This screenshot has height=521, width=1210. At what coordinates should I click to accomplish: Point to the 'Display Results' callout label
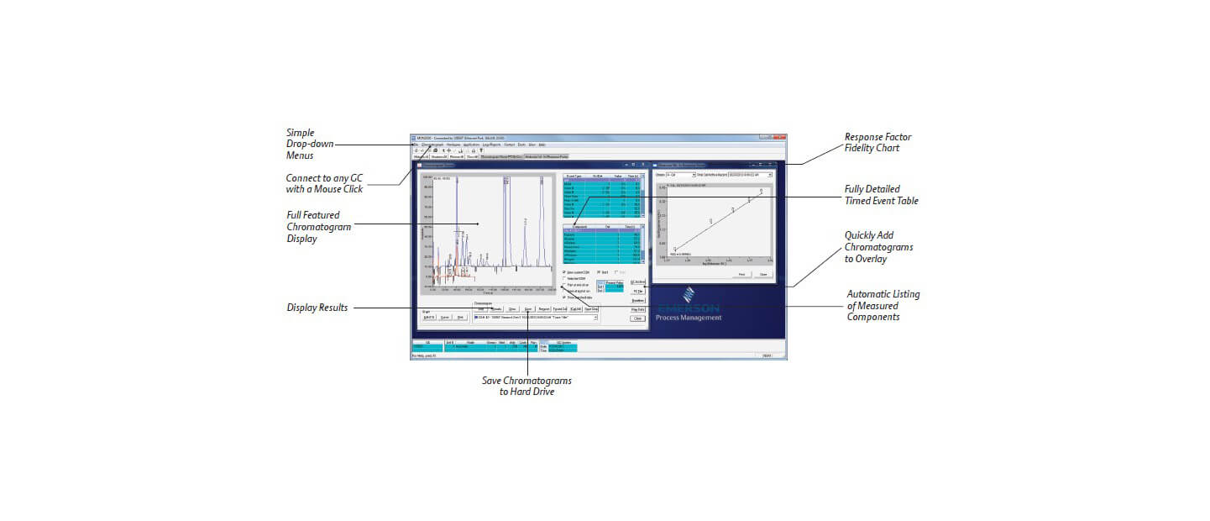click(x=317, y=308)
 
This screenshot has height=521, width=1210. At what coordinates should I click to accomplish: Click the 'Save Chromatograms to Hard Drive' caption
click(x=526, y=387)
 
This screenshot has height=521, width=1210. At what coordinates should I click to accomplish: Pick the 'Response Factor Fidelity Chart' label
click(x=877, y=143)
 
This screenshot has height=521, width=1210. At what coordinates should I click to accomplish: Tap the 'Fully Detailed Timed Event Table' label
click(x=881, y=195)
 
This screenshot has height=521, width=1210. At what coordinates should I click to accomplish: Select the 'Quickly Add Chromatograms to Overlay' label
click(x=878, y=247)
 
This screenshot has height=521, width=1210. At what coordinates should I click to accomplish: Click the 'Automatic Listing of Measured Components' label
click(x=883, y=306)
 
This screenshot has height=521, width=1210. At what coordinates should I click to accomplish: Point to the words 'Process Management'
click(x=688, y=317)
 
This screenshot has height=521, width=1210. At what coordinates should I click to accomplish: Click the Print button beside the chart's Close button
click(x=742, y=274)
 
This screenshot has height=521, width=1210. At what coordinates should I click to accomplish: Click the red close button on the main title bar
click(x=781, y=137)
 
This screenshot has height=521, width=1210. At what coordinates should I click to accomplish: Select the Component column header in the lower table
click(x=579, y=227)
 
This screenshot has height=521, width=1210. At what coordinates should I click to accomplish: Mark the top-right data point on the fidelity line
click(x=762, y=192)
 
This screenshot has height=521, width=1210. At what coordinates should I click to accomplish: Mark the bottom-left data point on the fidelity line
click(x=674, y=249)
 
